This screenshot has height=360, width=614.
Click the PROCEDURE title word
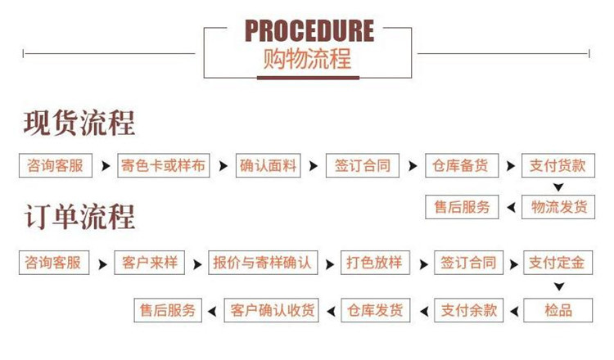click(x=309, y=31)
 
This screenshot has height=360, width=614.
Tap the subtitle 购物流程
click(x=308, y=60)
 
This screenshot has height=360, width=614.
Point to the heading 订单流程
click(x=79, y=218)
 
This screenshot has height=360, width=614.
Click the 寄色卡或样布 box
click(x=163, y=165)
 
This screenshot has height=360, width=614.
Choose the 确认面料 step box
click(x=269, y=165)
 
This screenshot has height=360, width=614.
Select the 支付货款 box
click(x=557, y=165)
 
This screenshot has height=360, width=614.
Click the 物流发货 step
click(x=557, y=207)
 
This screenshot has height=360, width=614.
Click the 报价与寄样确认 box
click(x=262, y=263)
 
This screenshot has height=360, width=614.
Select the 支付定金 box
click(x=557, y=263)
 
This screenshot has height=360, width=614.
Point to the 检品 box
click(x=558, y=310)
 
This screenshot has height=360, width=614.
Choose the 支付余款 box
click(x=469, y=310)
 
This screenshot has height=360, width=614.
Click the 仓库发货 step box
click(x=375, y=310)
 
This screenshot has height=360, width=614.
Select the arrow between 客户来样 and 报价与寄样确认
click(x=195, y=264)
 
